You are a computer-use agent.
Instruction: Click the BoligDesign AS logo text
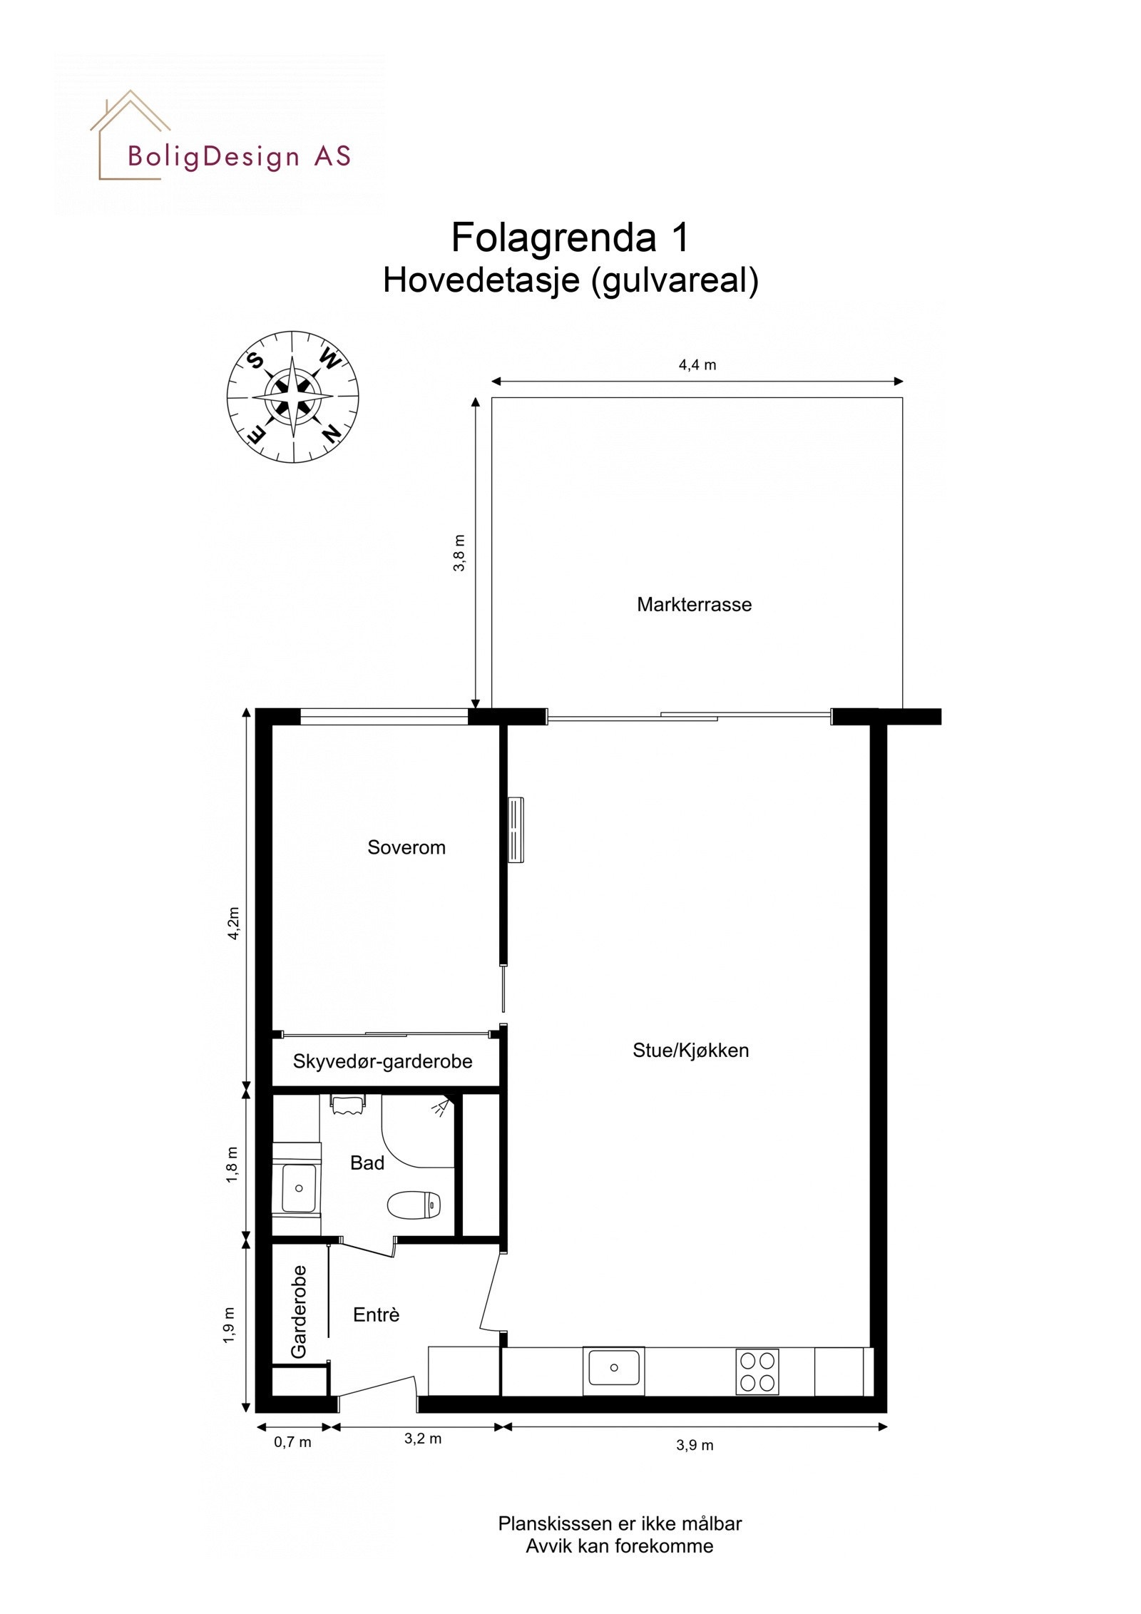pyautogui.click(x=239, y=156)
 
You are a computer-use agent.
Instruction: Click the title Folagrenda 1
pyautogui.click(x=570, y=237)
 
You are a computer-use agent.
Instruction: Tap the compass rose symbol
pyautogui.click(x=292, y=396)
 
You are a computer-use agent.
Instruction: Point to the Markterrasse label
pyautogui.click(x=694, y=605)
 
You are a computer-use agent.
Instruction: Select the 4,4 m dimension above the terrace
pyautogui.click(x=697, y=365)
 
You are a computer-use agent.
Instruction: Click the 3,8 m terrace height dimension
pyautogui.click(x=459, y=552)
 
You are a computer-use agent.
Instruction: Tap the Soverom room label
pyautogui.click(x=406, y=847)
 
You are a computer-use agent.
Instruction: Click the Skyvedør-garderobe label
pyautogui.click(x=382, y=1061)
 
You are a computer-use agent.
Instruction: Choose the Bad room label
pyautogui.click(x=367, y=1163)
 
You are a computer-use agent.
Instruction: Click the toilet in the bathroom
pyautogui.click(x=414, y=1205)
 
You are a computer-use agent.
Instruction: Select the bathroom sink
pyautogui.click(x=299, y=1188)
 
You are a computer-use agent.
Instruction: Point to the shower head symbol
pyautogui.click(x=443, y=1107)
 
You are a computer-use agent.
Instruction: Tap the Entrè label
pyautogui.click(x=376, y=1314)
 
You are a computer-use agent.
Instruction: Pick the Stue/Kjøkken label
pyautogui.click(x=690, y=1051)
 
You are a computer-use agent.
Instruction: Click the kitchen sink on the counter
pyautogui.click(x=613, y=1369)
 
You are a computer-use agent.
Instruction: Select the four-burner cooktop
pyautogui.click(x=757, y=1372)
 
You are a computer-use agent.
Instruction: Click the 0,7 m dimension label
pyautogui.click(x=292, y=1442)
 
